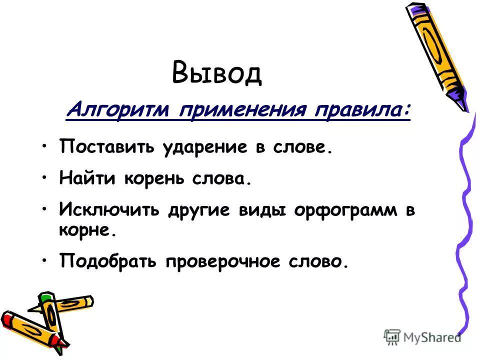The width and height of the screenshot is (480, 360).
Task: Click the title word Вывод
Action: pos(216,72)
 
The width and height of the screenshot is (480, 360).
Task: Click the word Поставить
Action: pos(106,147)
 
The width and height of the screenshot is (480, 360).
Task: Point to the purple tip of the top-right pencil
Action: pos(457,99)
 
